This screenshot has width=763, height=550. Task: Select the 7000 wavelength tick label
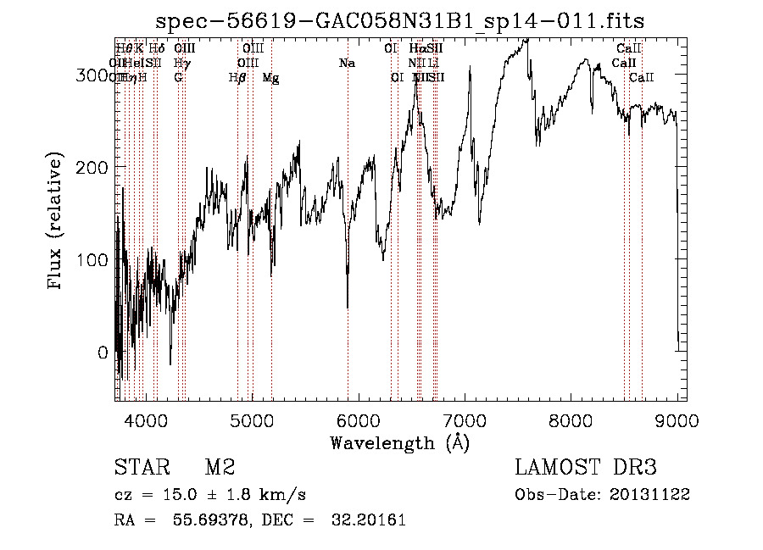[x=465, y=419]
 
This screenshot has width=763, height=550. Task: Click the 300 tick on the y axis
[x=114, y=75]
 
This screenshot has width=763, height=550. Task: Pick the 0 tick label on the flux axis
[x=103, y=353]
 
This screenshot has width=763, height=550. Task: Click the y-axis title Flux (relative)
[x=57, y=222]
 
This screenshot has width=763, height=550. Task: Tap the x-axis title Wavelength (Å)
[x=399, y=442]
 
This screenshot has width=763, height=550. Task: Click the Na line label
[x=346, y=63]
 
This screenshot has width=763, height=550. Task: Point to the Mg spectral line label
[x=270, y=77]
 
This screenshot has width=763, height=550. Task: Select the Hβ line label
[x=237, y=77]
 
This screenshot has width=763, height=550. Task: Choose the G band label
[x=178, y=77]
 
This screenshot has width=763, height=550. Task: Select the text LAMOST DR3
[x=586, y=467]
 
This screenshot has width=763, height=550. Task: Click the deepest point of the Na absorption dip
[x=348, y=307]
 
